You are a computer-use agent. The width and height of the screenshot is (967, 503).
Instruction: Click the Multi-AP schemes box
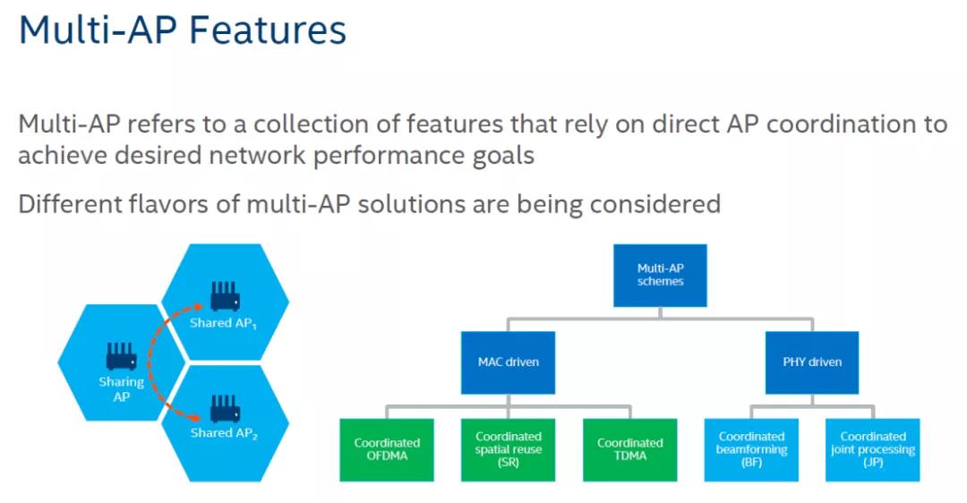point(660,274)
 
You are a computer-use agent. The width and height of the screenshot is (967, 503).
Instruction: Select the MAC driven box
point(508,362)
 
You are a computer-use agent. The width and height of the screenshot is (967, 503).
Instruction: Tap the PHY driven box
point(812,362)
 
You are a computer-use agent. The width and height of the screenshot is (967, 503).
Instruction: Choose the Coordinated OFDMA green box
point(387,449)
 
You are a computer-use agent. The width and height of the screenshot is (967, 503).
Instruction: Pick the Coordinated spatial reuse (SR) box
point(508,449)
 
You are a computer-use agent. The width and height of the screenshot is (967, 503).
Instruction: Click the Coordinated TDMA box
point(629,449)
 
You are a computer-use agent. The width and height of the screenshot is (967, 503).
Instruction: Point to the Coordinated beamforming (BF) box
point(751,449)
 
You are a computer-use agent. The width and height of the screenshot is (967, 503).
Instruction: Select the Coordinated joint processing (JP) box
point(872,449)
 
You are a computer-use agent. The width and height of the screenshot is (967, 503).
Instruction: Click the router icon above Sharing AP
point(121,355)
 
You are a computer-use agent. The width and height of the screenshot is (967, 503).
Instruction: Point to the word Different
point(74,203)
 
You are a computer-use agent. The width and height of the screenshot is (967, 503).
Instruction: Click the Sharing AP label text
point(121,389)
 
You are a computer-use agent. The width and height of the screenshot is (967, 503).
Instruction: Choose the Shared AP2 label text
point(224,433)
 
